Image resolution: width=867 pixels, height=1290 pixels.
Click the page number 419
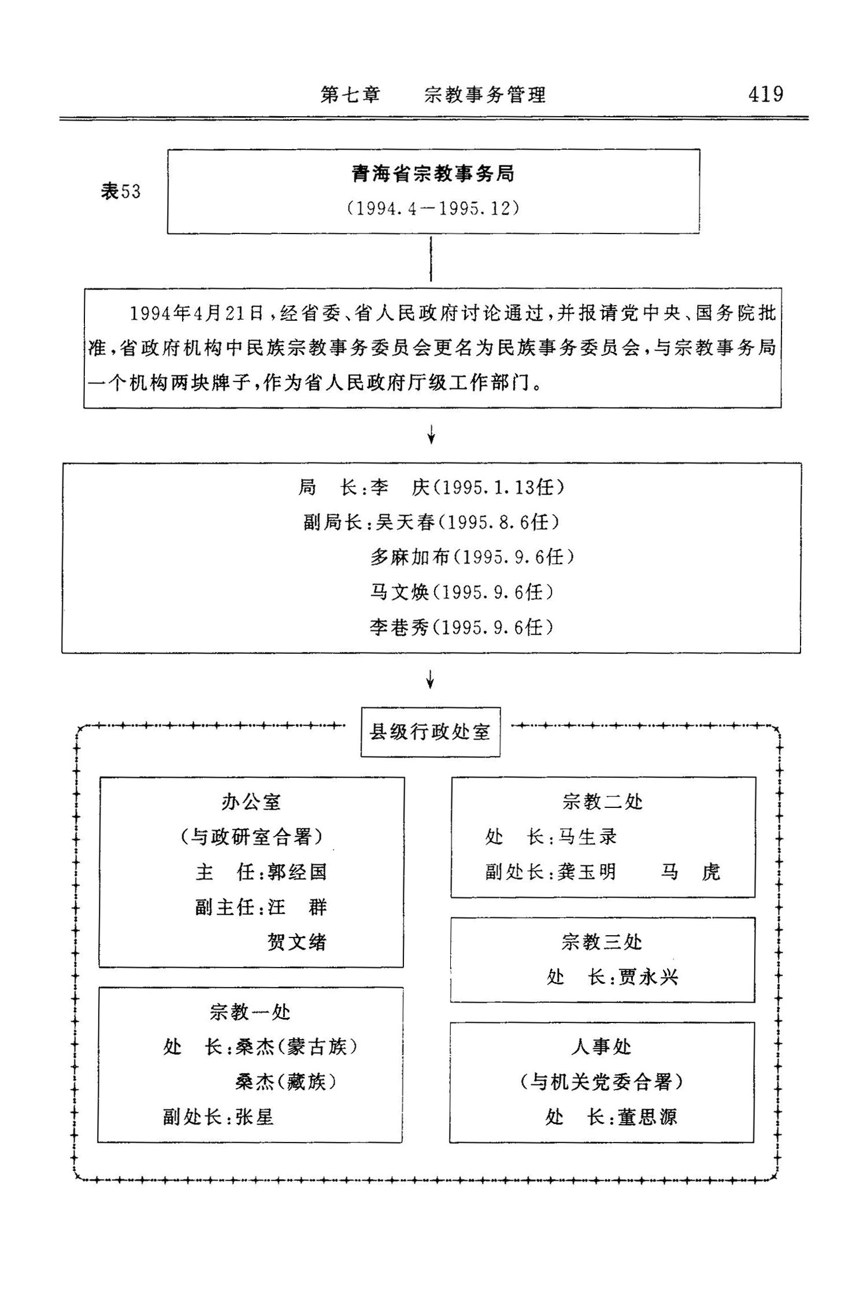coord(765,94)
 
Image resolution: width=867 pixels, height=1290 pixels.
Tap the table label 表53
coord(121,191)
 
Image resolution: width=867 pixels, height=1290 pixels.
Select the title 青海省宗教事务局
coord(433,174)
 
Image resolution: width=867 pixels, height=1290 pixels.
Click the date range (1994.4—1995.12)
coord(433,208)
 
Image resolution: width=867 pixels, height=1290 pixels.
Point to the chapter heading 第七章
coord(351,95)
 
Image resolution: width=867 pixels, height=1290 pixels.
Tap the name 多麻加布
coord(410,557)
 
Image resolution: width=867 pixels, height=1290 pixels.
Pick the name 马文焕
coord(399,592)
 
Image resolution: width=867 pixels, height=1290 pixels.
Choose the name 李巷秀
coord(399,627)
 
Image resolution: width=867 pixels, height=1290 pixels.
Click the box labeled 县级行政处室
coord(430,732)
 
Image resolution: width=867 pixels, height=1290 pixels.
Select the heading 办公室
coord(251,802)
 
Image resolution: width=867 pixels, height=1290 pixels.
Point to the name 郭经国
coord(298,872)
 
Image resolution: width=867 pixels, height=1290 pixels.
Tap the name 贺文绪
coord(297,943)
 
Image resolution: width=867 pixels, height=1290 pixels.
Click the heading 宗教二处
coord(602,802)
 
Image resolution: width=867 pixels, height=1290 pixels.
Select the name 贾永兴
coord(648,977)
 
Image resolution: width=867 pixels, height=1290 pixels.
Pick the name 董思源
coord(647,1117)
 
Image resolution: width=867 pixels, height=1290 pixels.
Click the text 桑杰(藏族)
coord(286,1082)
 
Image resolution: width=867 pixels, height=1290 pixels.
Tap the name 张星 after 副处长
coord(254,1117)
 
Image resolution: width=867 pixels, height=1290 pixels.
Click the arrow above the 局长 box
coord(431,435)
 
